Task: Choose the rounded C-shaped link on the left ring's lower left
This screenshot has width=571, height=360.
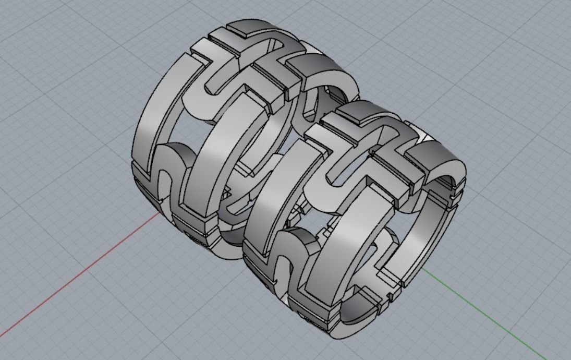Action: tap(172, 167)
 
